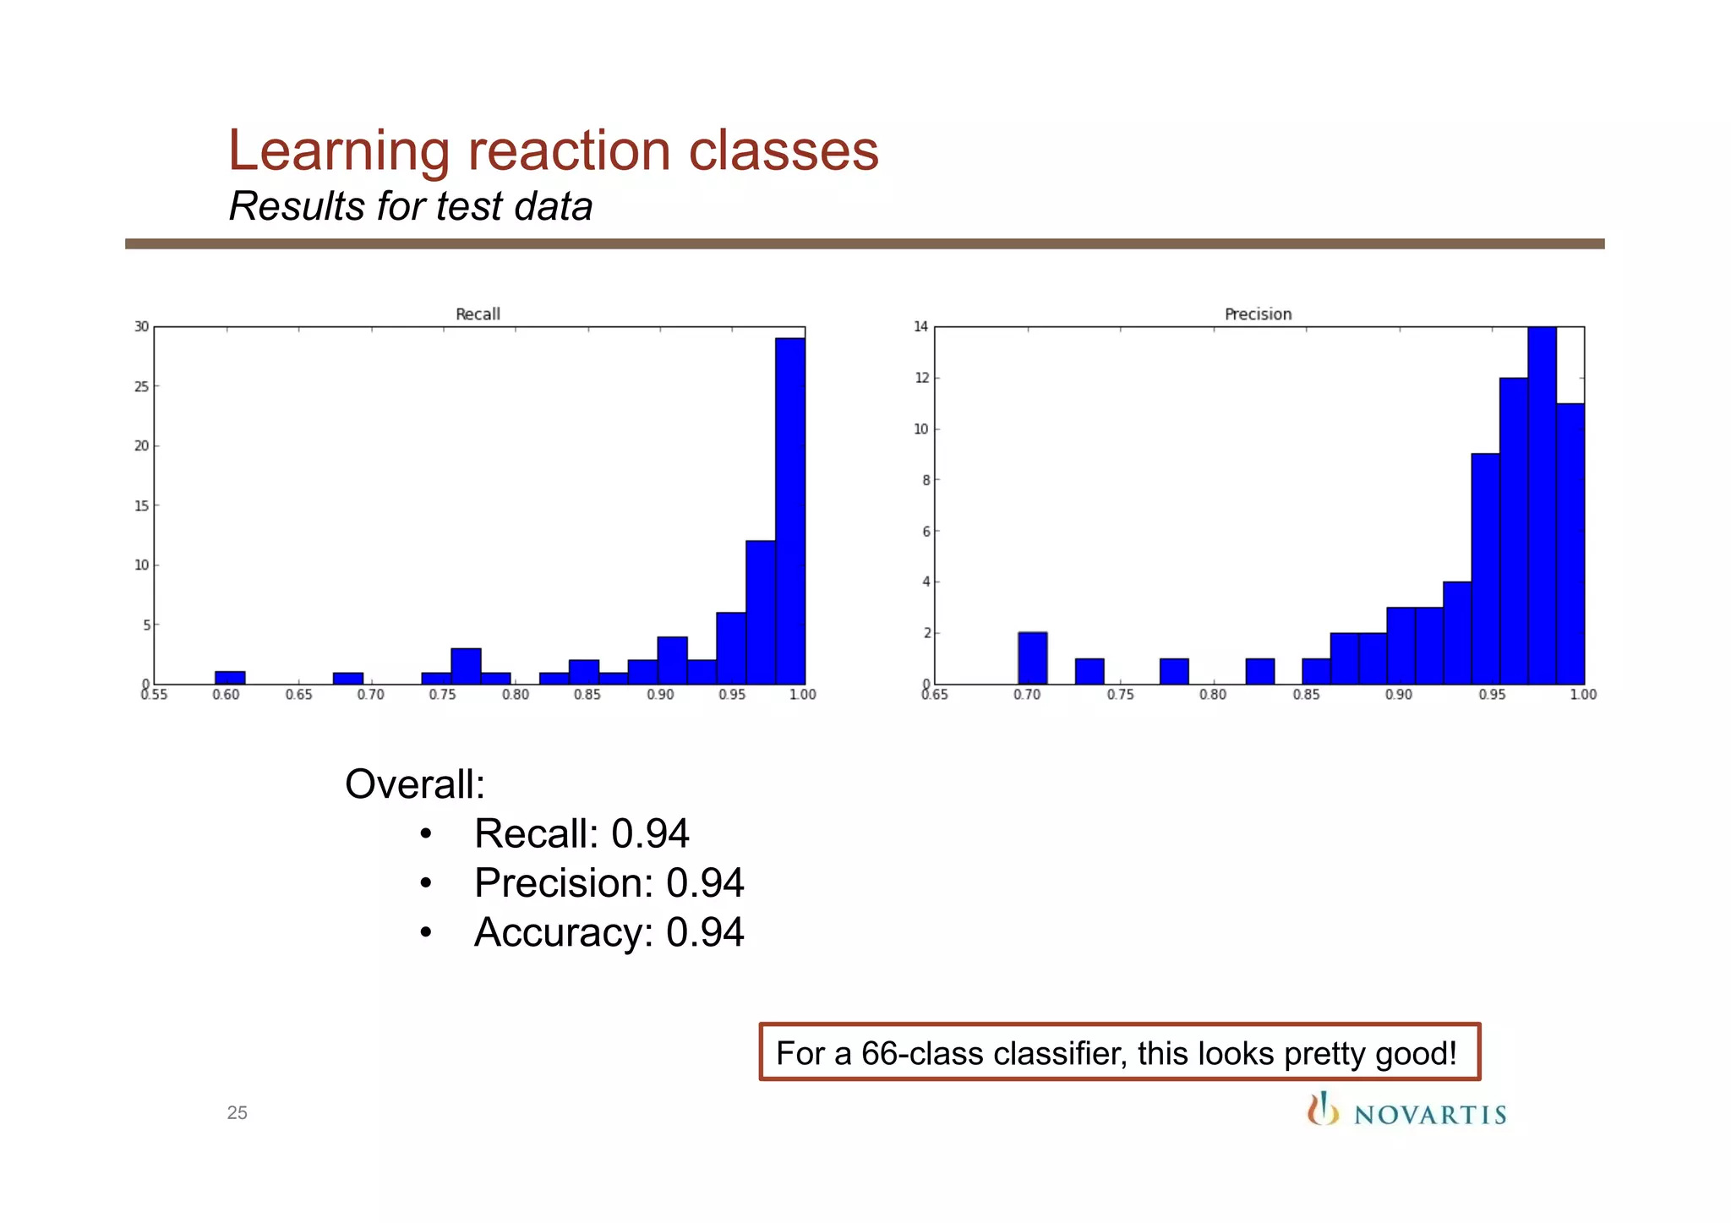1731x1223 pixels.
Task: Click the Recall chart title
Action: [478, 314]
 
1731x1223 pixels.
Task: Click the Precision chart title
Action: [1258, 314]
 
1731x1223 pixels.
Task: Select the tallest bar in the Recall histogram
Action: [789, 511]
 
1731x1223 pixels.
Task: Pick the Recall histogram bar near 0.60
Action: [230, 678]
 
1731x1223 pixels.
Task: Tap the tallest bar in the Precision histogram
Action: [1542, 505]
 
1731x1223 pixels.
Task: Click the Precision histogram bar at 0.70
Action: [1032, 658]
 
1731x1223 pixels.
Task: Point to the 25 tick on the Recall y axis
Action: [141, 387]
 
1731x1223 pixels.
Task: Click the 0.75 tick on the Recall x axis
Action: [442, 695]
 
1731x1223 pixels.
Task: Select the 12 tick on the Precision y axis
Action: [921, 378]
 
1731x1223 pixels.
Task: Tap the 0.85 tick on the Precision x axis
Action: [1305, 695]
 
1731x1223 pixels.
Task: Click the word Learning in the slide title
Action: [338, 151]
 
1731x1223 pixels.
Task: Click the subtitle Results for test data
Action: [411, 206]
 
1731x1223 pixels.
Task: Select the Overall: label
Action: [415, 784]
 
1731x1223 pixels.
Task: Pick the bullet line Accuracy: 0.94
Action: [609, 933]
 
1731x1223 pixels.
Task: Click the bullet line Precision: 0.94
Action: [609, 883]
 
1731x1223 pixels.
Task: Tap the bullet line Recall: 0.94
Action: [582, 834]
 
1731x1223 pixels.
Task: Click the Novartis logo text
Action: [1429, 1115]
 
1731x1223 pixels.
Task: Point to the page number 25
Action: [237, 1113]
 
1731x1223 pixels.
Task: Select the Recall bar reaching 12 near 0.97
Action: [760, 613]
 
